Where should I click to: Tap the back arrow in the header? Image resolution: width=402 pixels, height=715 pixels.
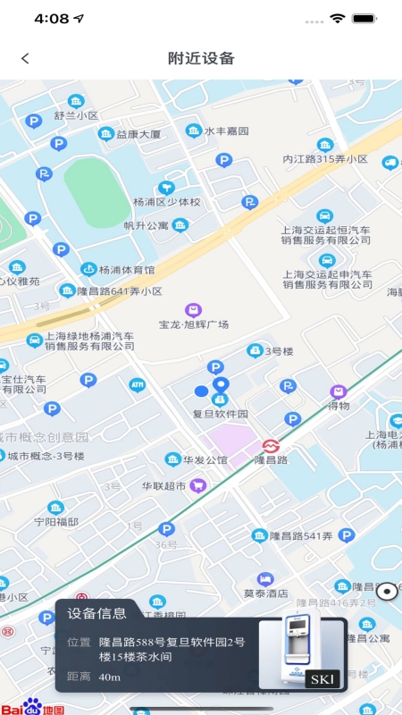[25, 58]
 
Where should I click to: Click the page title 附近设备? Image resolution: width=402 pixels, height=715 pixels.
[201, 58]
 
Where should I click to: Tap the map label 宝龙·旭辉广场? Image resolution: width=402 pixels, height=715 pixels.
[194, 324]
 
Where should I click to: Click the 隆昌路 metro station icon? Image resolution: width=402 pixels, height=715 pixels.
[269, 445]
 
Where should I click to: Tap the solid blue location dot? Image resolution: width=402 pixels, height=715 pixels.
[201, 391]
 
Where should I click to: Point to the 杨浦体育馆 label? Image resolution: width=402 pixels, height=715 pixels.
[127, 269]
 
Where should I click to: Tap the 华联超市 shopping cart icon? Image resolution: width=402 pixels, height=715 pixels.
[198, 485]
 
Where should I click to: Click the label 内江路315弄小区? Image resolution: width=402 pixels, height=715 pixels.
[325, 158]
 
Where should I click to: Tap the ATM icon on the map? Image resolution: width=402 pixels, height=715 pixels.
[137, 384]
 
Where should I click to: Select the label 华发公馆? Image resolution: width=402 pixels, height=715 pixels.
[205, 460]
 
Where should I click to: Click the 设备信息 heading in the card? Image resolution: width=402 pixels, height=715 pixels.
[97, 613]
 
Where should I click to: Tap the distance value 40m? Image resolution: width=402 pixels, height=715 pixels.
[110, 677]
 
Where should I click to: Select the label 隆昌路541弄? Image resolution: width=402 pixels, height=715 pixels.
[304, 536]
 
